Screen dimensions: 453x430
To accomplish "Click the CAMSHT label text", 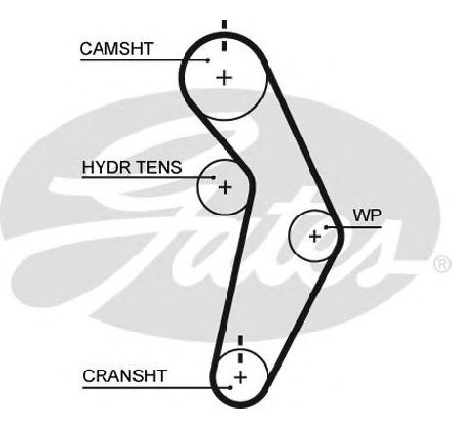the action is [116, 49].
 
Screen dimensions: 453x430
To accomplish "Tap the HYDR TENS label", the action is [132, 167].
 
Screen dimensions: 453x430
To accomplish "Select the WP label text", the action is [367, 215].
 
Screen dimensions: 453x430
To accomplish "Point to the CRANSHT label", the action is [124, 376].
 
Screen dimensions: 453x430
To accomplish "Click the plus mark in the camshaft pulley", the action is [224, 78].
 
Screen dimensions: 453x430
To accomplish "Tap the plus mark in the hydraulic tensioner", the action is [225, 187].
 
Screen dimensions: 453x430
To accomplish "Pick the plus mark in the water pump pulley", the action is [314, 236].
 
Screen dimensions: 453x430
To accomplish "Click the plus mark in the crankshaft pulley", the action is [240, 377].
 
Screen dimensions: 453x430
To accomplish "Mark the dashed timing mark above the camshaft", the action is [224, 35].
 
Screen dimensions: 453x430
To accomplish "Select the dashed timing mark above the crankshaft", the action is [240, 350].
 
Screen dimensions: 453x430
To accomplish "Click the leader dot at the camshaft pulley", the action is [208, 59].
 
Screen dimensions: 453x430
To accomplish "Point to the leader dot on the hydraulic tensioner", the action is [213, 177].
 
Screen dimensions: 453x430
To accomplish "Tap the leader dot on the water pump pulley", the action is [326, 227].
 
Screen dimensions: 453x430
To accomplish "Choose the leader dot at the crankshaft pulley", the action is [230, 387].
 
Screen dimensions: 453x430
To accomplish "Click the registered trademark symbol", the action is [442, 264].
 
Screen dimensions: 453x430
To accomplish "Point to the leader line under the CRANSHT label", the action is [156, 387].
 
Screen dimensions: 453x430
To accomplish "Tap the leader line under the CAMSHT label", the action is [144, 59].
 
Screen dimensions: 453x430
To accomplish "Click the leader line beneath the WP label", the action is [353, 227].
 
